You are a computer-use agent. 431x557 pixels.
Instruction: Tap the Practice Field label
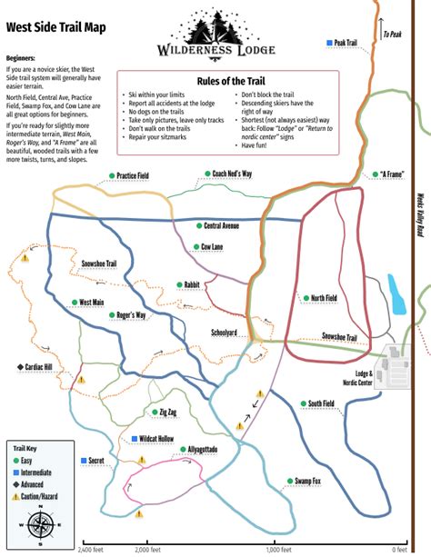[132, 174]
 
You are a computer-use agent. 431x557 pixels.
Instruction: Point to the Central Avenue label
[221, 225]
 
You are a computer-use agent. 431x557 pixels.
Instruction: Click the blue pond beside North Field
[396, 293]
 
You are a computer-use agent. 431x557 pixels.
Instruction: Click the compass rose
[39, 525]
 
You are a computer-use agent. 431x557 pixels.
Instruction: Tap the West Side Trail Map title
[55, 27]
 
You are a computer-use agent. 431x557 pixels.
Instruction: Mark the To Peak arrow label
[391, 35]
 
